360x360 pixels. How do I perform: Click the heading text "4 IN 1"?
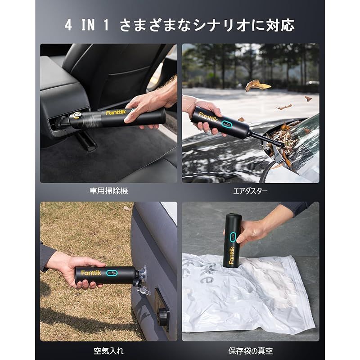click(x=86, y=25)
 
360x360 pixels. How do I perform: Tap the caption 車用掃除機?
click(x=108, y=191)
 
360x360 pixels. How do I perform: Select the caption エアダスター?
click(x=250, y=191)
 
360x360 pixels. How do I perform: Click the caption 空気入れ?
click(x=108, y=351)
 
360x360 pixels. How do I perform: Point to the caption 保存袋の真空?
click(x=250, y=351)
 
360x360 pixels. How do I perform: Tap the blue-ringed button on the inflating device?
click(x=112, y=273)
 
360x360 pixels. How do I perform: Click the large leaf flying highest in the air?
click(x=257, y=85)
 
